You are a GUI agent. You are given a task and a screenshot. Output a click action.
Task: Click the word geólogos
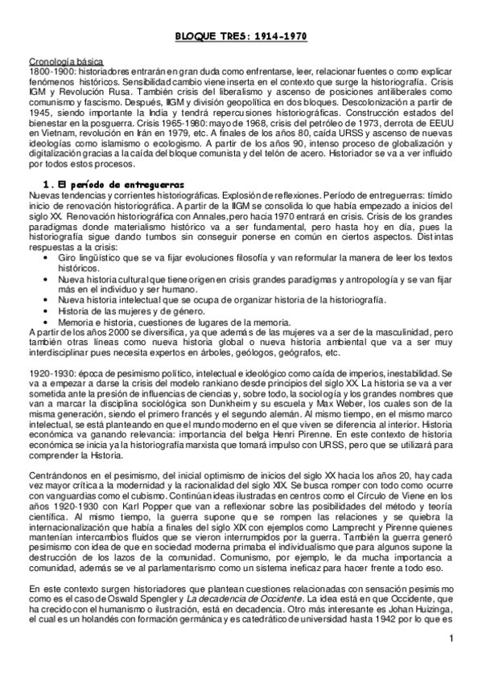click(x=252, y=353)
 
